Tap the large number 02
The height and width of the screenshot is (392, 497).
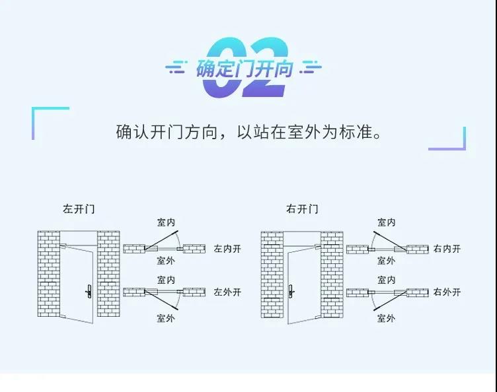point(245,66)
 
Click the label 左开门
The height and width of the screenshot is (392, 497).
point(79,209)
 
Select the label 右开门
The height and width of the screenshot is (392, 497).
point(302,209)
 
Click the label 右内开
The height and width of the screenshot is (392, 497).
point(447,249)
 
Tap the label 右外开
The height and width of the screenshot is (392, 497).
point(447,292)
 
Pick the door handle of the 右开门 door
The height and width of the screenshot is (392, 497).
point(291,289)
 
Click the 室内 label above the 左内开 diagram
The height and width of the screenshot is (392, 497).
point(166,223)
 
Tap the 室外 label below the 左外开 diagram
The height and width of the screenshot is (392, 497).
point(166,318)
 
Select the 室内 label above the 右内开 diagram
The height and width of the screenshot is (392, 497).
point(387,223)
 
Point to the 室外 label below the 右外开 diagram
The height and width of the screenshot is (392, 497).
point(387,318)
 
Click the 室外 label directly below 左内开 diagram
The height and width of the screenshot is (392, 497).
point(166,261)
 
